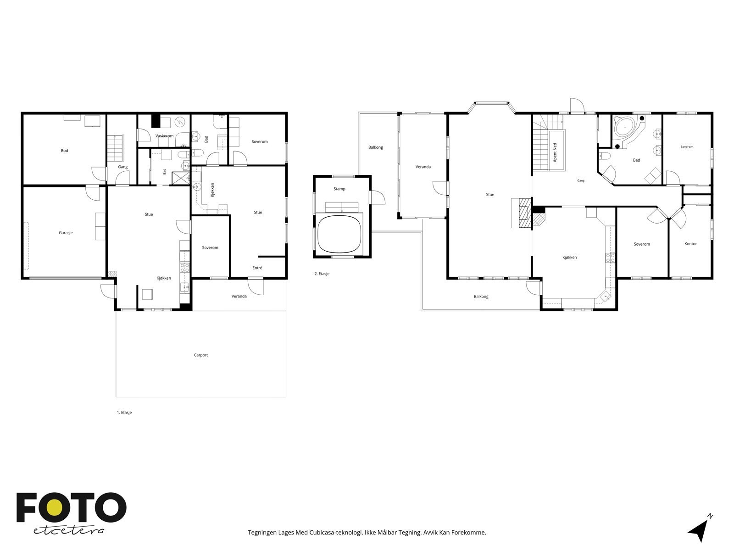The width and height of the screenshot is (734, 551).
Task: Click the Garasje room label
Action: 66,233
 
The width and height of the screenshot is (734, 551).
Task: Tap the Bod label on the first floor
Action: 64,151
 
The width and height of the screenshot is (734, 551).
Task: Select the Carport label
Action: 200,355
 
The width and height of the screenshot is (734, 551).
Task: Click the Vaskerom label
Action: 164,136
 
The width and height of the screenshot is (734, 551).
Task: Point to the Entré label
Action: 257,268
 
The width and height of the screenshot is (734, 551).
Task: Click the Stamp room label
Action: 339,189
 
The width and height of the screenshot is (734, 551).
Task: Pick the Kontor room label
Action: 690,244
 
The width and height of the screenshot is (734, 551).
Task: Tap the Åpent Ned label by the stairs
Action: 555,152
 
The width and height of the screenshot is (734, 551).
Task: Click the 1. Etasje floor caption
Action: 124,412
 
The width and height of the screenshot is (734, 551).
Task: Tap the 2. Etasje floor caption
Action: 322,274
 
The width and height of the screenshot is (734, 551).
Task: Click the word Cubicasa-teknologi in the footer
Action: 336,533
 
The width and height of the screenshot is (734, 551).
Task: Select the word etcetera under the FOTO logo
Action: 68,531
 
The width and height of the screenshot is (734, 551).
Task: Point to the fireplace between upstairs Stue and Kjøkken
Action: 522,213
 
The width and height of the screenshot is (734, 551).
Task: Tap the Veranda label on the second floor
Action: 423,167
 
